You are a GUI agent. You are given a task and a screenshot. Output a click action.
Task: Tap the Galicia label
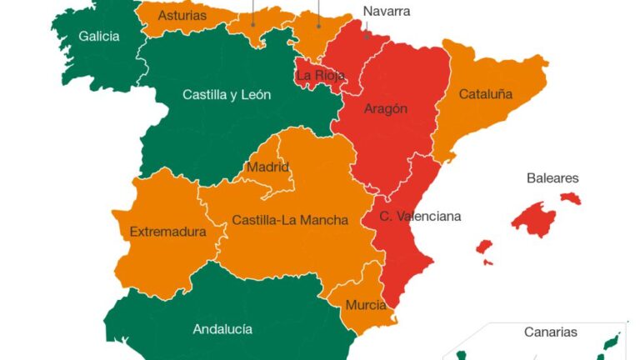(x=99, y=37)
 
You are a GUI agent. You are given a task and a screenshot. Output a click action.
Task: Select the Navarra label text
(x=387, y=12)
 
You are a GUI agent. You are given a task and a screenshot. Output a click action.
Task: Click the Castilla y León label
(x=227, y=95)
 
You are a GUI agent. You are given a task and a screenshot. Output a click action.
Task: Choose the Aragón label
(x=386, y=109)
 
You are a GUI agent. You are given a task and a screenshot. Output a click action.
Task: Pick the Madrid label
(x=267, y=167)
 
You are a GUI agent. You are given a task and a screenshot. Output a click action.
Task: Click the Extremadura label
(x=167, y=232)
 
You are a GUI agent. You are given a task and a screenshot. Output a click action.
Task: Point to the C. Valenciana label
(x=420, y=217)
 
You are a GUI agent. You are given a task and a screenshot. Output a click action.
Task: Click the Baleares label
(x=552, y=178)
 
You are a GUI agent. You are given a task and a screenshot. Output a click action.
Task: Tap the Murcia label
(x=365, y=305)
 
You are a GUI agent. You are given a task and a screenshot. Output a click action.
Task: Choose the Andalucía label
(x=222, y=329)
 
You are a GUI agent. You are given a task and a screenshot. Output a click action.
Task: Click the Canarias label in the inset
(x=550, y=332)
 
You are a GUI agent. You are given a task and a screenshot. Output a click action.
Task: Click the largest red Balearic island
(x=533, y=219)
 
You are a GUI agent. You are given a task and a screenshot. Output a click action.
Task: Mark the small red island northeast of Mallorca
(x=571, y=198)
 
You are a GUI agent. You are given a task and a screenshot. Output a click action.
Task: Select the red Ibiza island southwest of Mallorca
(x=484, y=247)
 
